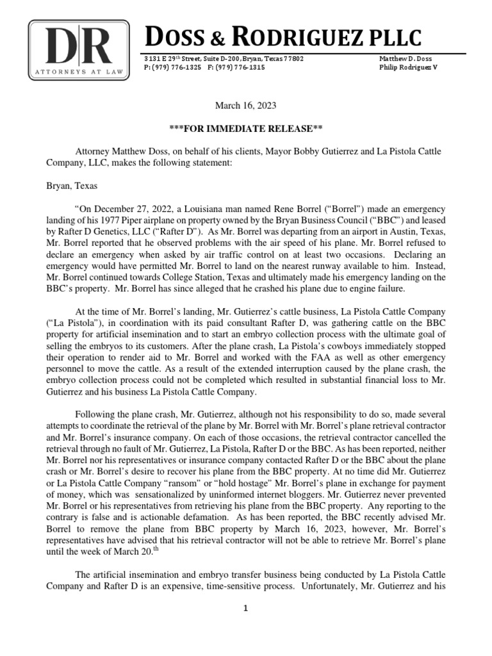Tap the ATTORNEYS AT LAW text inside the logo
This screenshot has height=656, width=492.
click(x=78, y=74)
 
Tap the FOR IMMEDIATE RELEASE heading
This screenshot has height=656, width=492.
click(x=246, y=128)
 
